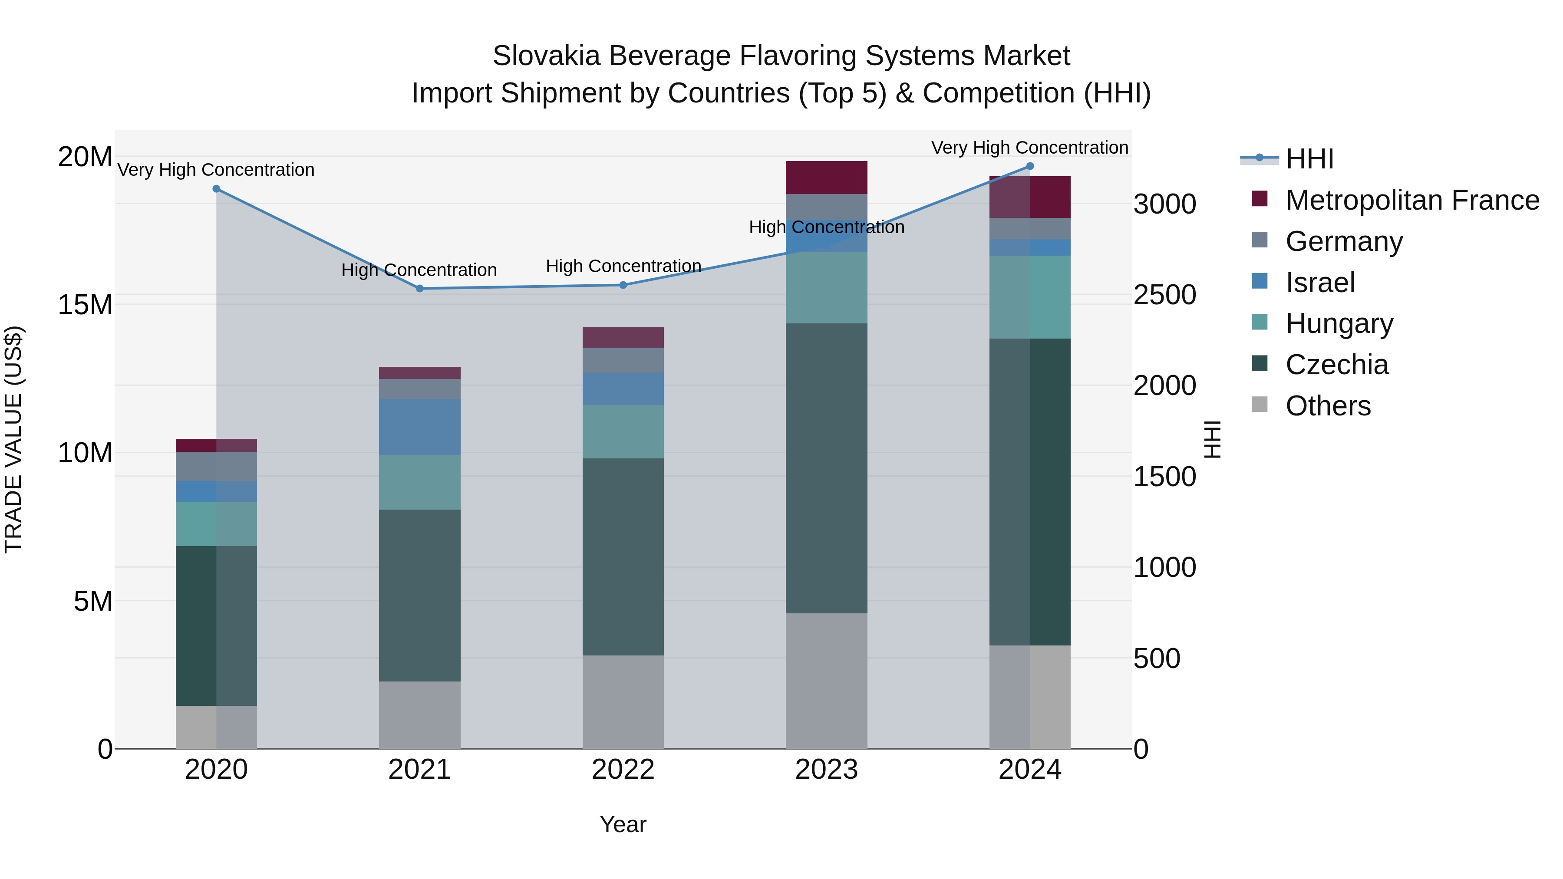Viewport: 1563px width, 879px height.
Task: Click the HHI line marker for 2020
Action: (x=216, y=189)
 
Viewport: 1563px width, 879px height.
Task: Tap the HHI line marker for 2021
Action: (x=419, y=289)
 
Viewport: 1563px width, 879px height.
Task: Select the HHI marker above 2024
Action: (x=1030, y=166)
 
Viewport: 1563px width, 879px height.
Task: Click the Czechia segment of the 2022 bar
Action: (x=623, y=556)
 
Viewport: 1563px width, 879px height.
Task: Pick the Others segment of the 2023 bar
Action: (x=826, y=681)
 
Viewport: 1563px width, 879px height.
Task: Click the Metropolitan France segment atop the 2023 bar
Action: (x=826, y=178)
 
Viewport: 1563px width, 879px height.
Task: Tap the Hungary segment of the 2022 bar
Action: (x=623, y=431)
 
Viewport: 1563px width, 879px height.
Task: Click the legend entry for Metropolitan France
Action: (x=1411, y=200)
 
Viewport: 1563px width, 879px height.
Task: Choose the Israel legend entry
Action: (x=1320, y=283)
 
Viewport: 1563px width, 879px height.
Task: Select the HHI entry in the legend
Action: (x=1309, y=159)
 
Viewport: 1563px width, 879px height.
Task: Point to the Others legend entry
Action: (x=1328, y=406)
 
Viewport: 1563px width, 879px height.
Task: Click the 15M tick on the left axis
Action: (x=85, y=305)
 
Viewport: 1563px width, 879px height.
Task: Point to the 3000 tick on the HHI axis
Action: (x=1164, y=204)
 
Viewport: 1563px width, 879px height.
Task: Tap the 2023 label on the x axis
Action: (x=826, y=770)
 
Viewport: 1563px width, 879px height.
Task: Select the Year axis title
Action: (x=623, y=824)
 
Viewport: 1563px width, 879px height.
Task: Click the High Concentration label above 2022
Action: (x=623, y=267)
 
